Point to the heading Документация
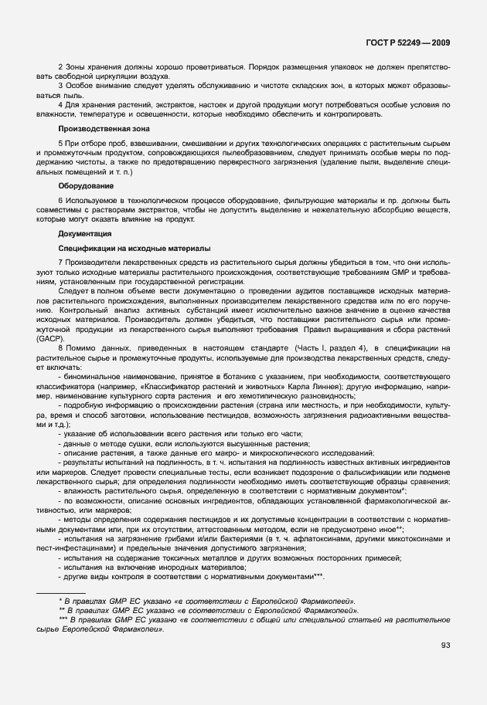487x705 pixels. pos(85,233)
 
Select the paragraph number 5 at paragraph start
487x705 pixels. pos(60,144)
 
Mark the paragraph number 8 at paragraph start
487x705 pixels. pos(60,349)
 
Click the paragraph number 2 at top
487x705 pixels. pos(60,66)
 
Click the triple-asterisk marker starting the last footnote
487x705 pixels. pos(63,619)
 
